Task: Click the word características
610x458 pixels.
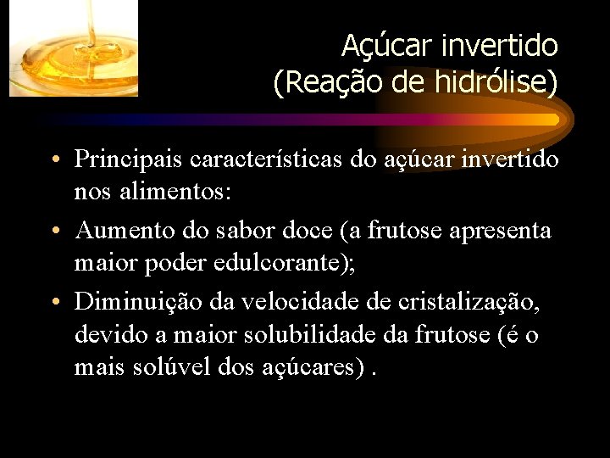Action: click(274, 159)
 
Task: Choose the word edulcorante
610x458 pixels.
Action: click(288, 263)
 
